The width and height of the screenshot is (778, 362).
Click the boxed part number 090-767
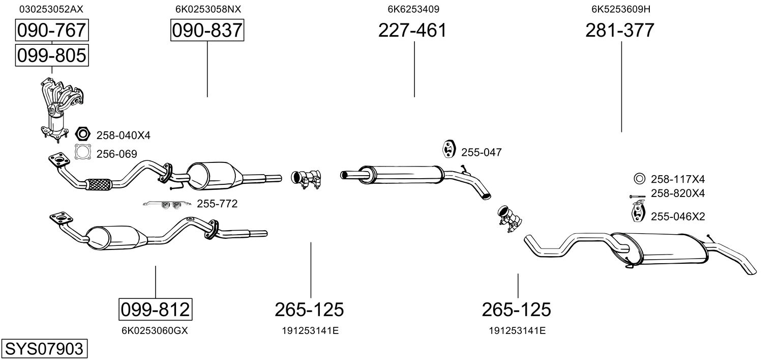[x=51, y=31]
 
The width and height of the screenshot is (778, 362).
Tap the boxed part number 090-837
[x=207, y=31]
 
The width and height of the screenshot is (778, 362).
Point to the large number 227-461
[x=412, y=31]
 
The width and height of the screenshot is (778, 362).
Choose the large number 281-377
[x=620, y=31]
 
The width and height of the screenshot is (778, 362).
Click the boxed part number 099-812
[x=155, y=309]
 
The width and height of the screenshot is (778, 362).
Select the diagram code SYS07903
[x=44, y=349]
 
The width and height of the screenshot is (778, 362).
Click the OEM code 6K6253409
[x=413, y=9]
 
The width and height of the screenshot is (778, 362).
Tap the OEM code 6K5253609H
[x=620, y=9]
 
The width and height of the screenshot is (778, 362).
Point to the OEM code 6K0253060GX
[x=155, y=330]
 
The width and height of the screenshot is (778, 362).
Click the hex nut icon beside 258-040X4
[x=82, y=134]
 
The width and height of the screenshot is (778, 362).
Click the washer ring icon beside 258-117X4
[x=639, y=179]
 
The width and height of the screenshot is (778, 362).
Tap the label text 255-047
[x=481, y=152]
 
